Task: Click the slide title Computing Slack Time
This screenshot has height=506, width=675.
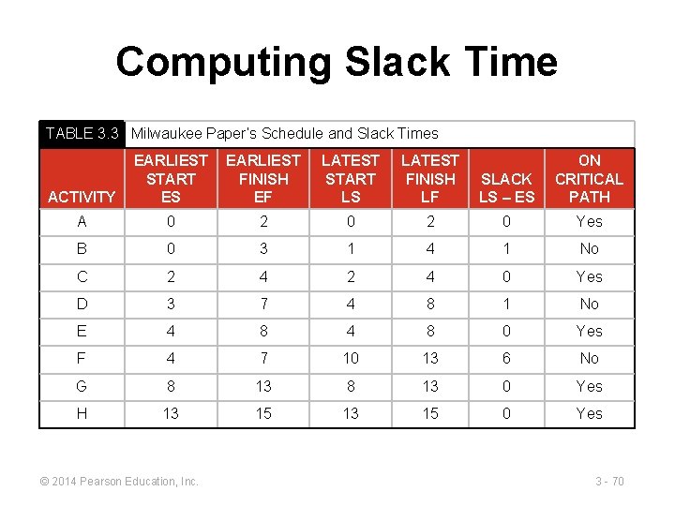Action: tap(337, 63)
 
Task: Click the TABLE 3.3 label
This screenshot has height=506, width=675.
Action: tap(82, 134)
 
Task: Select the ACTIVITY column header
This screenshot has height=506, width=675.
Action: tap(82, 197)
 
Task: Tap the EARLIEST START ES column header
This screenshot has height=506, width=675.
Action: tap(171, 178)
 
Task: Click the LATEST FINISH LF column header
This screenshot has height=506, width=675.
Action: tap(429, 178)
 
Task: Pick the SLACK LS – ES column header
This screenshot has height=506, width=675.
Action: tap(506, 187)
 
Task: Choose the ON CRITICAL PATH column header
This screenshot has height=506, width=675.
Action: tap(589, 178)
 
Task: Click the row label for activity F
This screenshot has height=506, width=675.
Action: tap(82, 358)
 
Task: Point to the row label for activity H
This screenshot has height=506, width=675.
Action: tap(82, 413)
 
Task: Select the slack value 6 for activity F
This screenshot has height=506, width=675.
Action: tap(506, 358)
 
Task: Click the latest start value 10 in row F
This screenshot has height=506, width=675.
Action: tap(351, 358)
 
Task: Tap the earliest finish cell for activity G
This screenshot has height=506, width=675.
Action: tap(263, 386)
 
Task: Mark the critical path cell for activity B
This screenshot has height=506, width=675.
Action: tap(589, 248)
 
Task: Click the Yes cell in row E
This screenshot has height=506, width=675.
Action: tap(589, 331)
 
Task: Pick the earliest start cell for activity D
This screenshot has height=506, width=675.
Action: tap(171, 304)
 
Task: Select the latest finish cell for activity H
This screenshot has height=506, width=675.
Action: tap(429, 413)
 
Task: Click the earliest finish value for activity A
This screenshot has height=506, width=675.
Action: tap(263, 221)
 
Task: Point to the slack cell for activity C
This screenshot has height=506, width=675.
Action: tap(506, 276)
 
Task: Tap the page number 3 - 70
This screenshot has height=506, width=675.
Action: tap(609, 482)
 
